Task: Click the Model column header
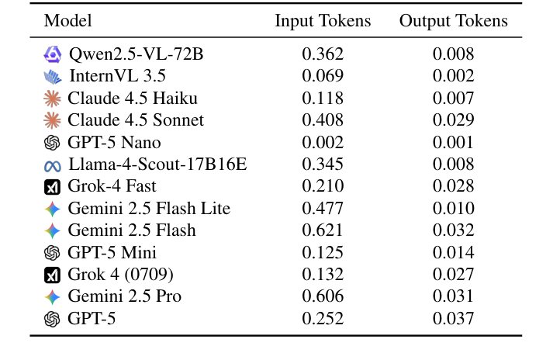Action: [x=67, y=21]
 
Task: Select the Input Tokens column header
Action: [x=323, y=21]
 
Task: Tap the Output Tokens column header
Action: [x=453, y=21]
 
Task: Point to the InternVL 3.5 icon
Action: [x=53, y=77]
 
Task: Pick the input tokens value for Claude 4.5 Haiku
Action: [x=323, y=99]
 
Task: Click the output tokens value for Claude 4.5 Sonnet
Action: [x=453, y=120]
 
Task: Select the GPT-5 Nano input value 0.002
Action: [x=323, y=143]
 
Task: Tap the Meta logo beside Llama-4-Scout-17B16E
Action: [x=52, y=165]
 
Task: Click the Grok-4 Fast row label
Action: [x=112, y=186]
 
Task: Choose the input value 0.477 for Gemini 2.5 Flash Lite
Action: [x=323, y=209]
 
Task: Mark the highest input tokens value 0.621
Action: [x=323, y=230]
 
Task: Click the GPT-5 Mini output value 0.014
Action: [x=453, y=253]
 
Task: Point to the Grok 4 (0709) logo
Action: [x=52, y=275]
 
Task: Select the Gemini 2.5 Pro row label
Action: [x=124, y=296]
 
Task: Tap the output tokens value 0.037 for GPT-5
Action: [x=453, y=319]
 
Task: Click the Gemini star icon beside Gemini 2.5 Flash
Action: [x=52, y=231]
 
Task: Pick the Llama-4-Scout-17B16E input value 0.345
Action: [x=323, y=164]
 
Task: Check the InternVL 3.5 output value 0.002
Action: [x=453, y=76]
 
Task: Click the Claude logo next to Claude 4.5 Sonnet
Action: [x=52, y=120]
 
